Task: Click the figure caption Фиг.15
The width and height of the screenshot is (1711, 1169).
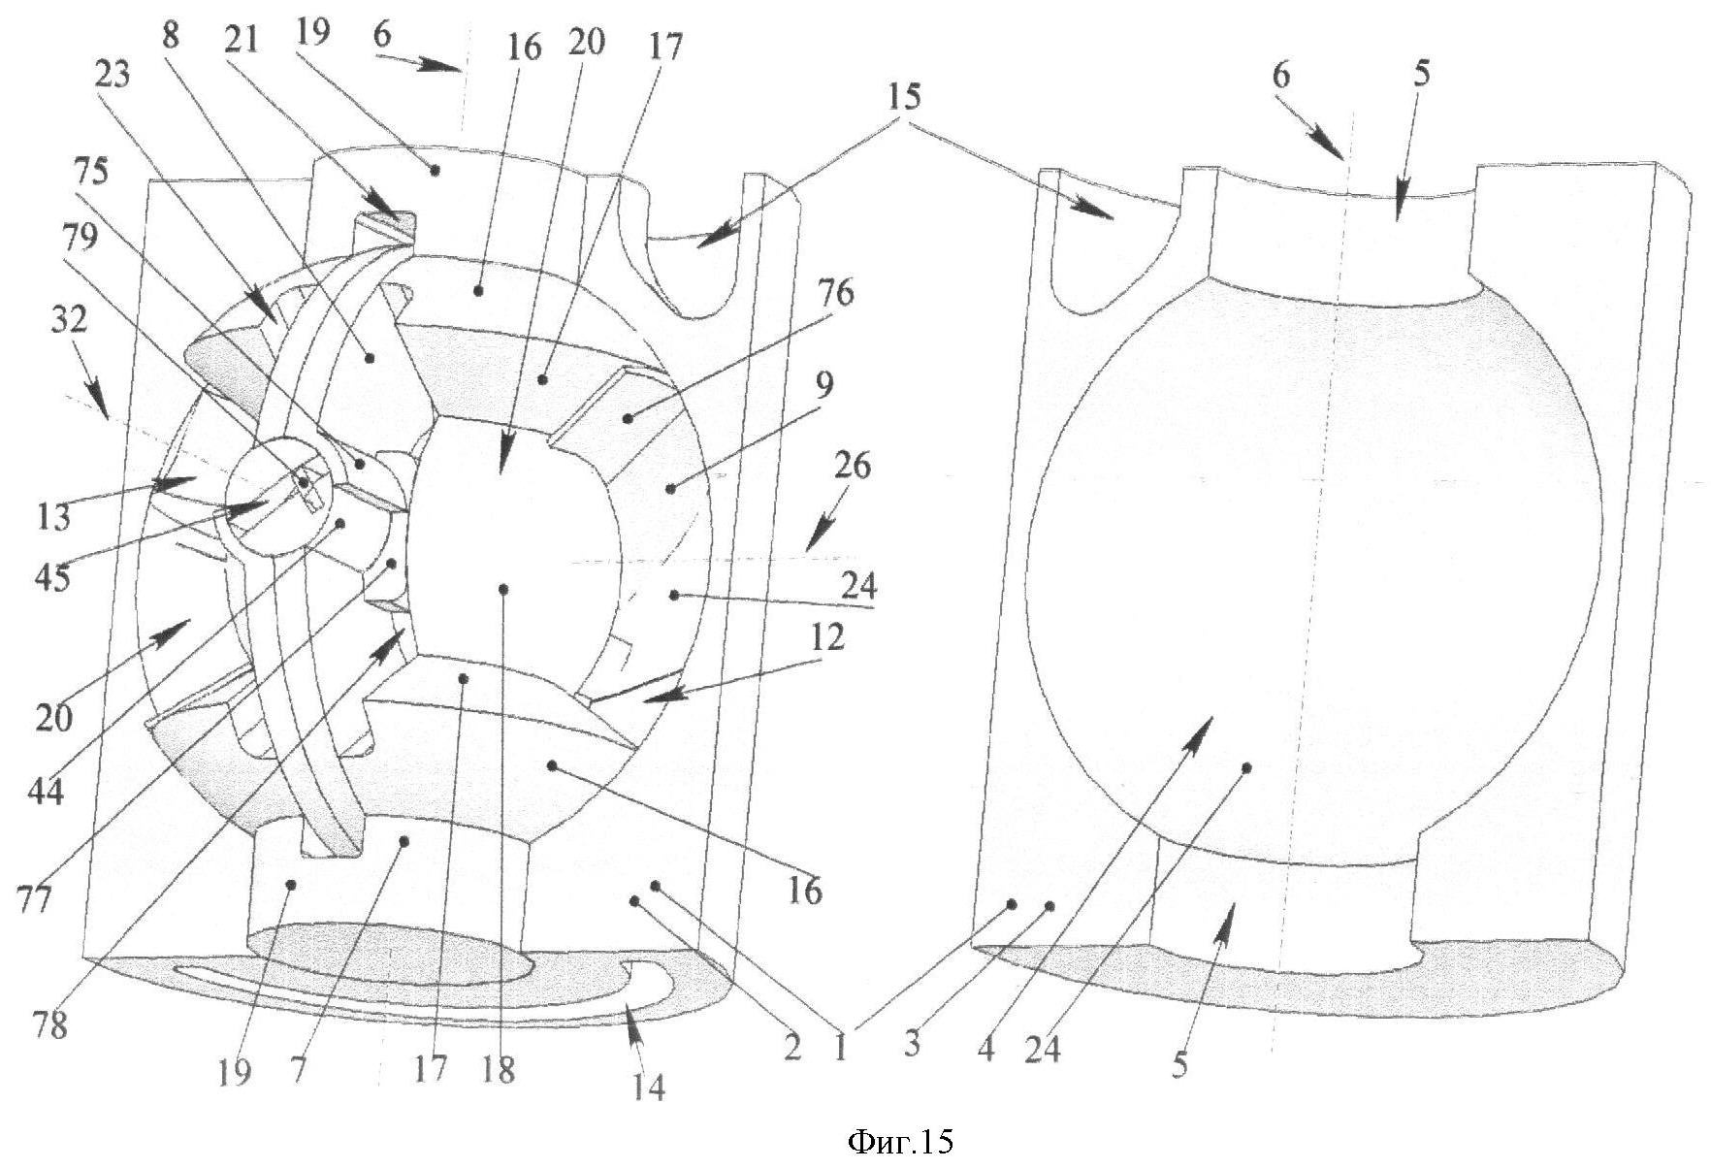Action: (900, 1141)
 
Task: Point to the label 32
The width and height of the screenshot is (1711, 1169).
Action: (70, 320)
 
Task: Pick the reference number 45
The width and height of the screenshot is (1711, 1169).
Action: (54, 578)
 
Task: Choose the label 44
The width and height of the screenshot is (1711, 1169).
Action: (46, 791)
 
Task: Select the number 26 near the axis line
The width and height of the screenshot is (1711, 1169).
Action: (851, 466)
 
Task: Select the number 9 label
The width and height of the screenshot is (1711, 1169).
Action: (823, 386)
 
